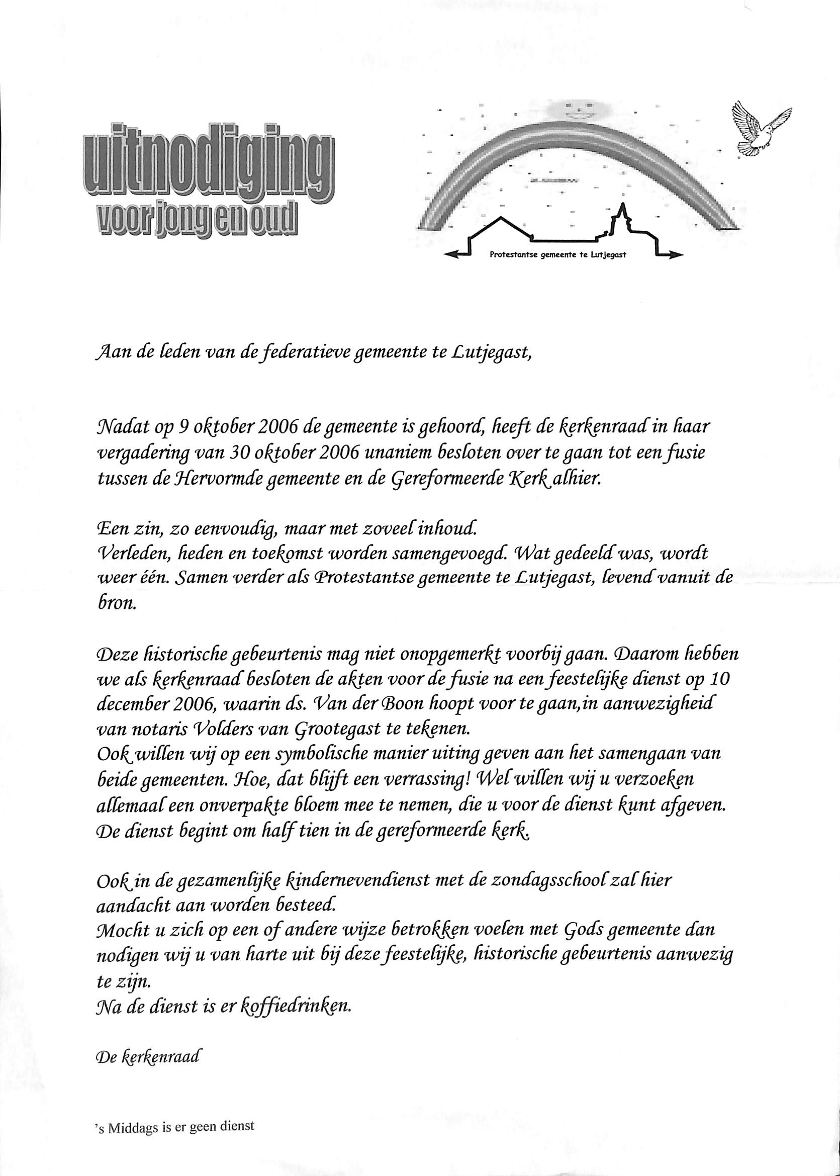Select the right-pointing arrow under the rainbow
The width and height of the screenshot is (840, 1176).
tap(667, 254)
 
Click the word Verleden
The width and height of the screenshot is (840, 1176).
tap(130, 553)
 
